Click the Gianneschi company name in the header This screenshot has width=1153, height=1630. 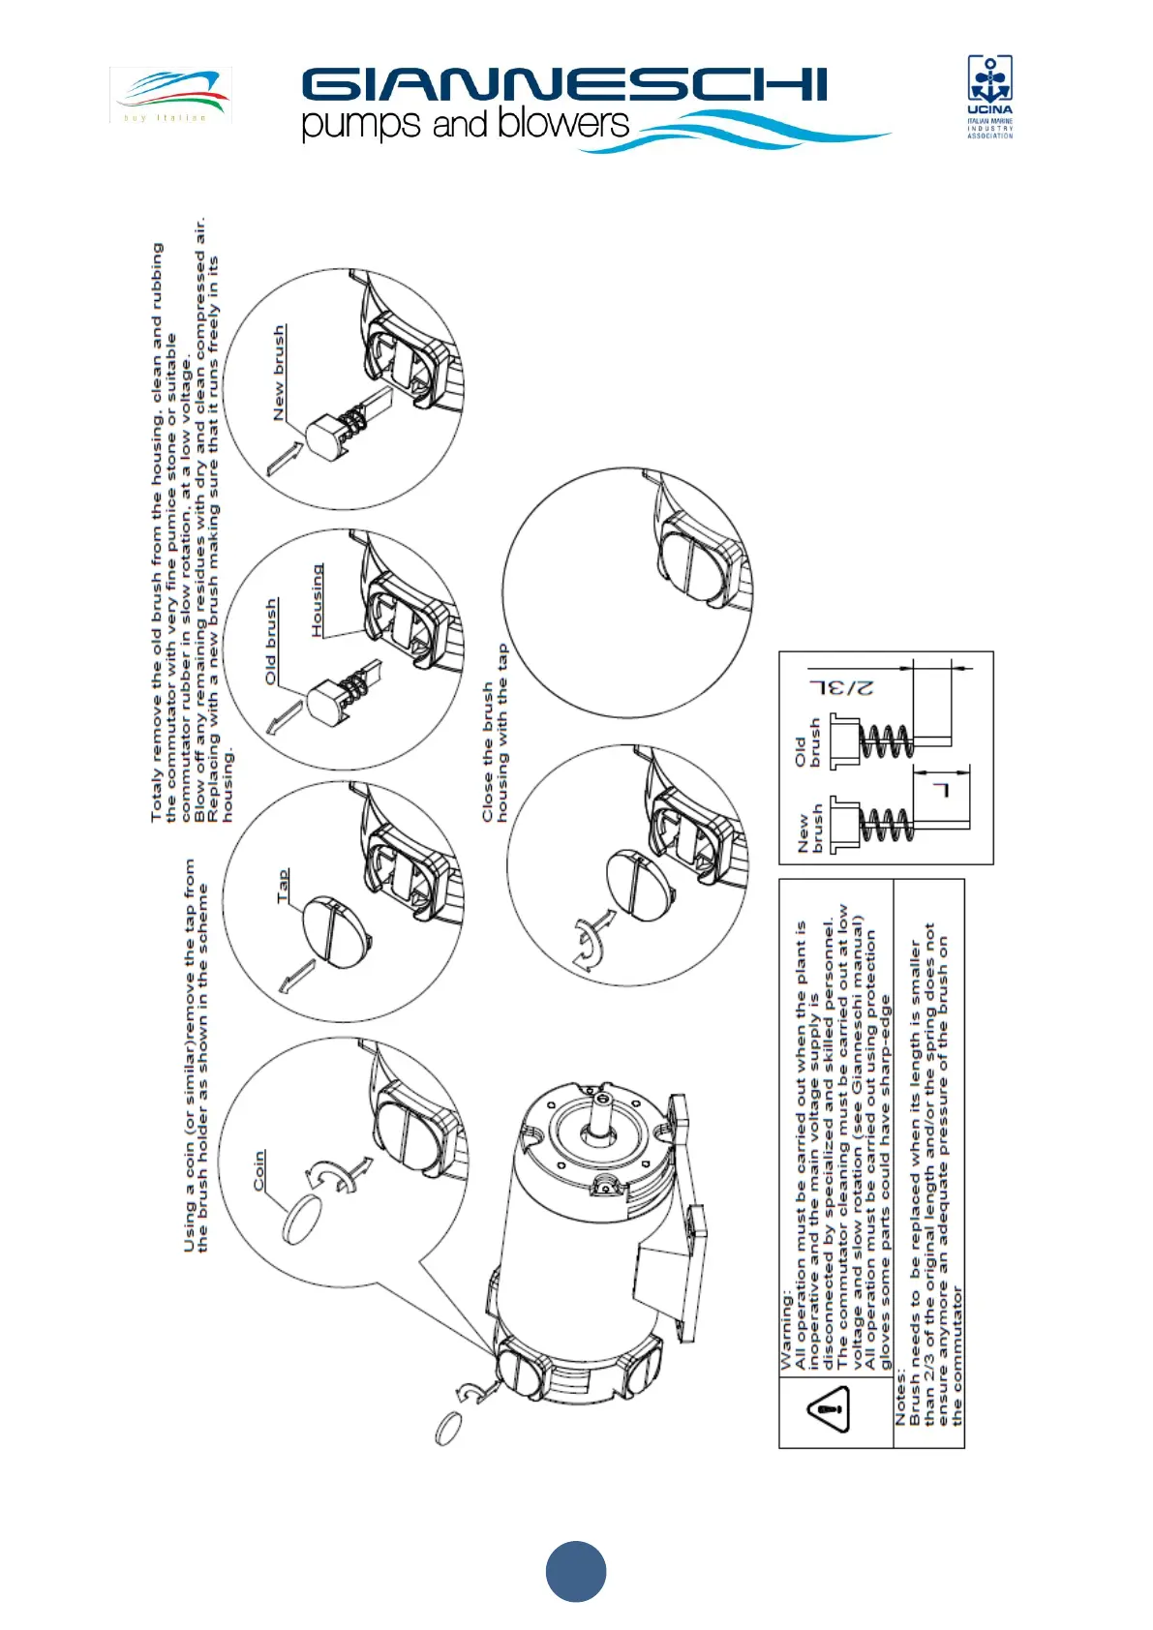563,85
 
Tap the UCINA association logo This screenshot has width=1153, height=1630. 989,97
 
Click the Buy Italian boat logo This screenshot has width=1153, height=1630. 171,95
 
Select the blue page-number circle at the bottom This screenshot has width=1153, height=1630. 576,1571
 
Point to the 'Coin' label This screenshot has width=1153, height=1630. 258,1170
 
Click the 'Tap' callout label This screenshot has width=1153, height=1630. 282,886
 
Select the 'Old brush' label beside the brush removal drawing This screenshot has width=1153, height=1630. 271,641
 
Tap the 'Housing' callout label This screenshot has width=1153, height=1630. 317,600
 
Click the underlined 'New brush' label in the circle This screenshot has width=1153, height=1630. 279,372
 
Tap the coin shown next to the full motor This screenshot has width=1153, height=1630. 448,1428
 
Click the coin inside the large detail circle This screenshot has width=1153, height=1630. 306,1218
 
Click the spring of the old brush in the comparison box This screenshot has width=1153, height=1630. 885,743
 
